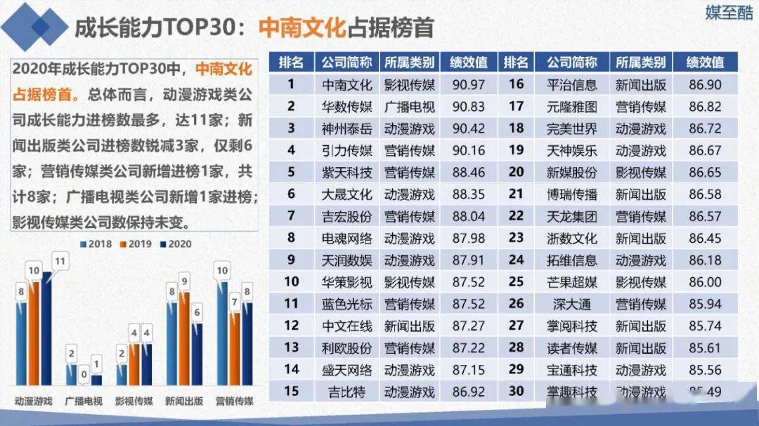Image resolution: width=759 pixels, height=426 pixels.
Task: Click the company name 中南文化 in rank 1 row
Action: pyautogui.click(x=346, y=85)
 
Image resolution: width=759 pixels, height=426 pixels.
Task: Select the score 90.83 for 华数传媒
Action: pyautogui.click(x=469, y=107)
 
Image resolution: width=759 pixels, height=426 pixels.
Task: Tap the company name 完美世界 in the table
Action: pyautogui.click(x=571, y=128)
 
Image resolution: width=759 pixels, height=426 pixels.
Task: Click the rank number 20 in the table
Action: pyautogui.click(x=516, y=172)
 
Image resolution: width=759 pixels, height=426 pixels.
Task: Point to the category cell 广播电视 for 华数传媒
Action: pyautogui.click(x=409, y=107)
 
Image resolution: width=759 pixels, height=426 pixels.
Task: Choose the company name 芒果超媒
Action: pyautogui.click(x=571, y=281)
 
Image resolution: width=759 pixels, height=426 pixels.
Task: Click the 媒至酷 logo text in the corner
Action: pyautogui.click(x=729, y=13)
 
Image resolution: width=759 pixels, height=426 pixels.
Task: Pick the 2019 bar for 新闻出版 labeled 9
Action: pyautogui.click(x=184, y=338)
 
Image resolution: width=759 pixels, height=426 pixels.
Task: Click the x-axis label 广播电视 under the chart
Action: pyautogui.click(x=84, y=401)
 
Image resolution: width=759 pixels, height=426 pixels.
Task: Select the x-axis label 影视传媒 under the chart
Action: pyautogui.click(x=134, y=401)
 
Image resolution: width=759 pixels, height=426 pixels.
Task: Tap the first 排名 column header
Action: pyautogui.click(x=291, y=62)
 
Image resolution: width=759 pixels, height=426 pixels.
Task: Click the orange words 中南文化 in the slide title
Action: pyautogui.click(x=302, y=27)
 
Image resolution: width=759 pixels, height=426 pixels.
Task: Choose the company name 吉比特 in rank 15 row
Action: pyautogui.click(x=346, y=391)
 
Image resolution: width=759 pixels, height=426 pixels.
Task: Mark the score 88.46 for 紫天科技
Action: pyautogui.click(x=469, y=172)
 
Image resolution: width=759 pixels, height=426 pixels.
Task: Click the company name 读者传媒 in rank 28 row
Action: pyautogui.click(x=571, y=347)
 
